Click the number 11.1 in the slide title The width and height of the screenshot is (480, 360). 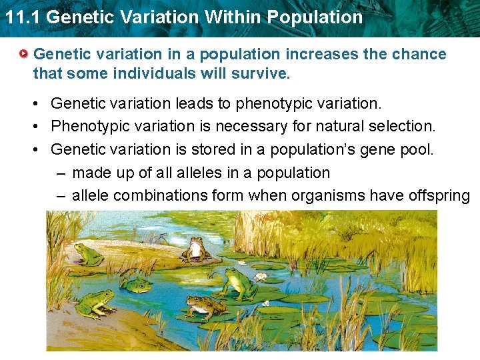point(23,17)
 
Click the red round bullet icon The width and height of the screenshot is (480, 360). point(24,53)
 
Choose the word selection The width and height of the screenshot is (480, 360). point(403,126)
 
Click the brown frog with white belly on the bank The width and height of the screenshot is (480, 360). point(195,247)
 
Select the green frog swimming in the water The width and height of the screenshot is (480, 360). point(136,285)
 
